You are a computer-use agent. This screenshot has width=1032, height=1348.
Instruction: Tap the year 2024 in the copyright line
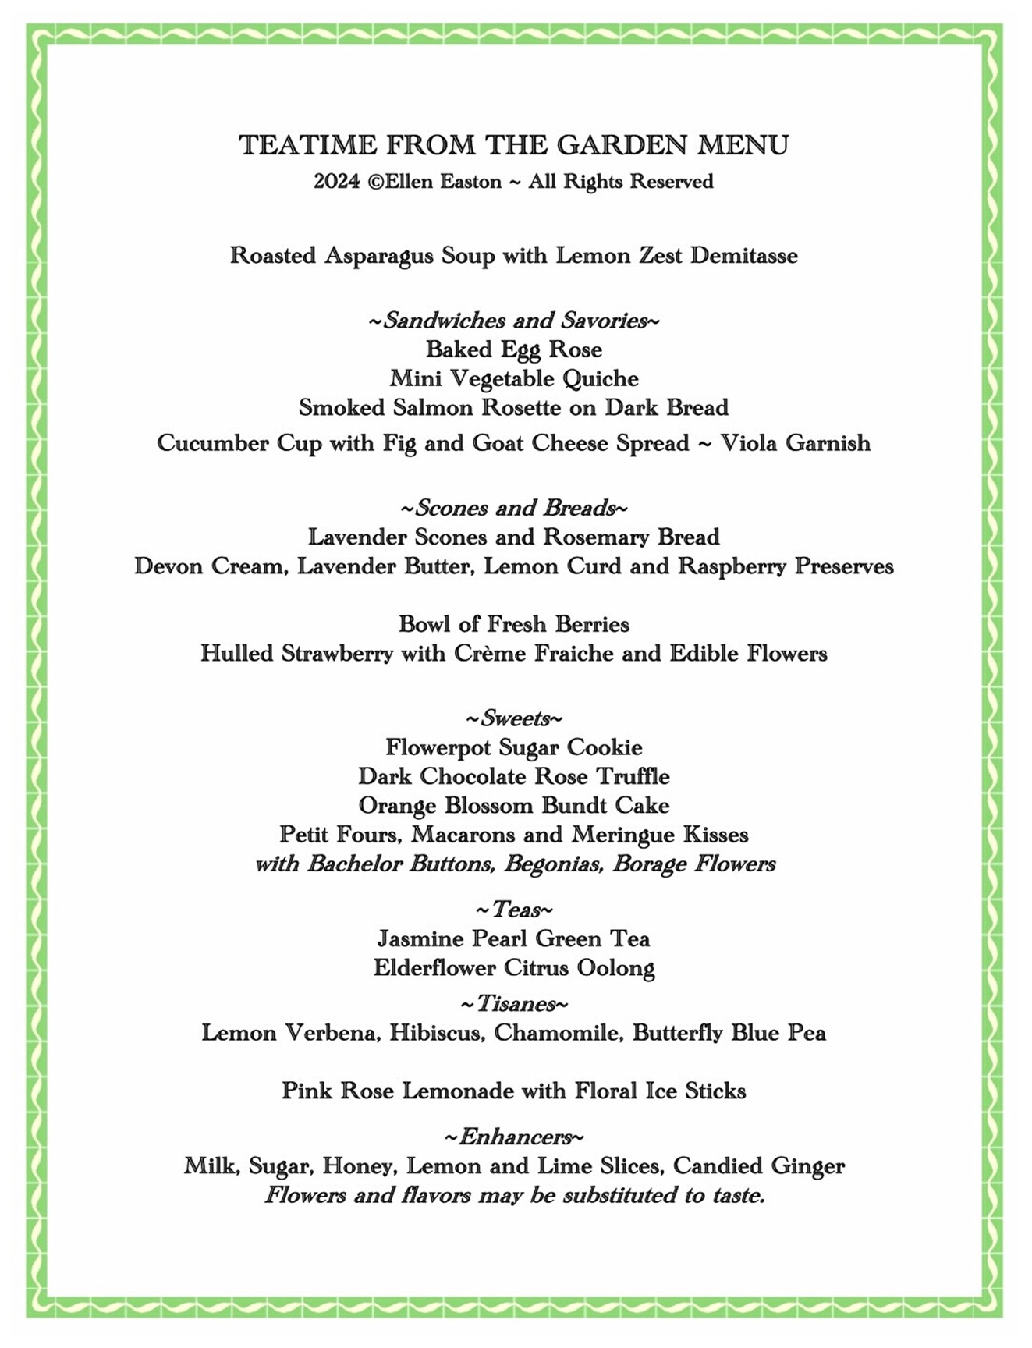(x=336, y=182)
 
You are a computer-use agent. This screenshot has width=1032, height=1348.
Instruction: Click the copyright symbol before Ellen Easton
(x=374, y=182)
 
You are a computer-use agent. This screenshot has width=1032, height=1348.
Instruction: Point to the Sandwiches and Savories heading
(x=514, y=321)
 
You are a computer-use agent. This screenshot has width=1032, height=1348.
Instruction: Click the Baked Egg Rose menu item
(x=514, y=349)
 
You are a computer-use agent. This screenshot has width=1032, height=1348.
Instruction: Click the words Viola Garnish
(x=795, y=443)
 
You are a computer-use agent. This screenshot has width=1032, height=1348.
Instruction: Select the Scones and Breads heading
(x=514, y=509)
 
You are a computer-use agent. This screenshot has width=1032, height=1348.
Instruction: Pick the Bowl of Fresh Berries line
(x=514, y=624)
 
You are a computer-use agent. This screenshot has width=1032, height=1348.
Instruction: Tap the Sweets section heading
(x=514, y=718)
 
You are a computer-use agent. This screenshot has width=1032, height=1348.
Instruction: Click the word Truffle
(x=633, y=777)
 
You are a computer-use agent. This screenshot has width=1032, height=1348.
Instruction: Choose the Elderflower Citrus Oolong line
(x=514, y=968)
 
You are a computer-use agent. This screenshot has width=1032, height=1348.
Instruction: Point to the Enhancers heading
(x=514, y=1137)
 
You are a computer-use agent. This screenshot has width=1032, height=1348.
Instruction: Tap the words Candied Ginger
(x=758, y=1166)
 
